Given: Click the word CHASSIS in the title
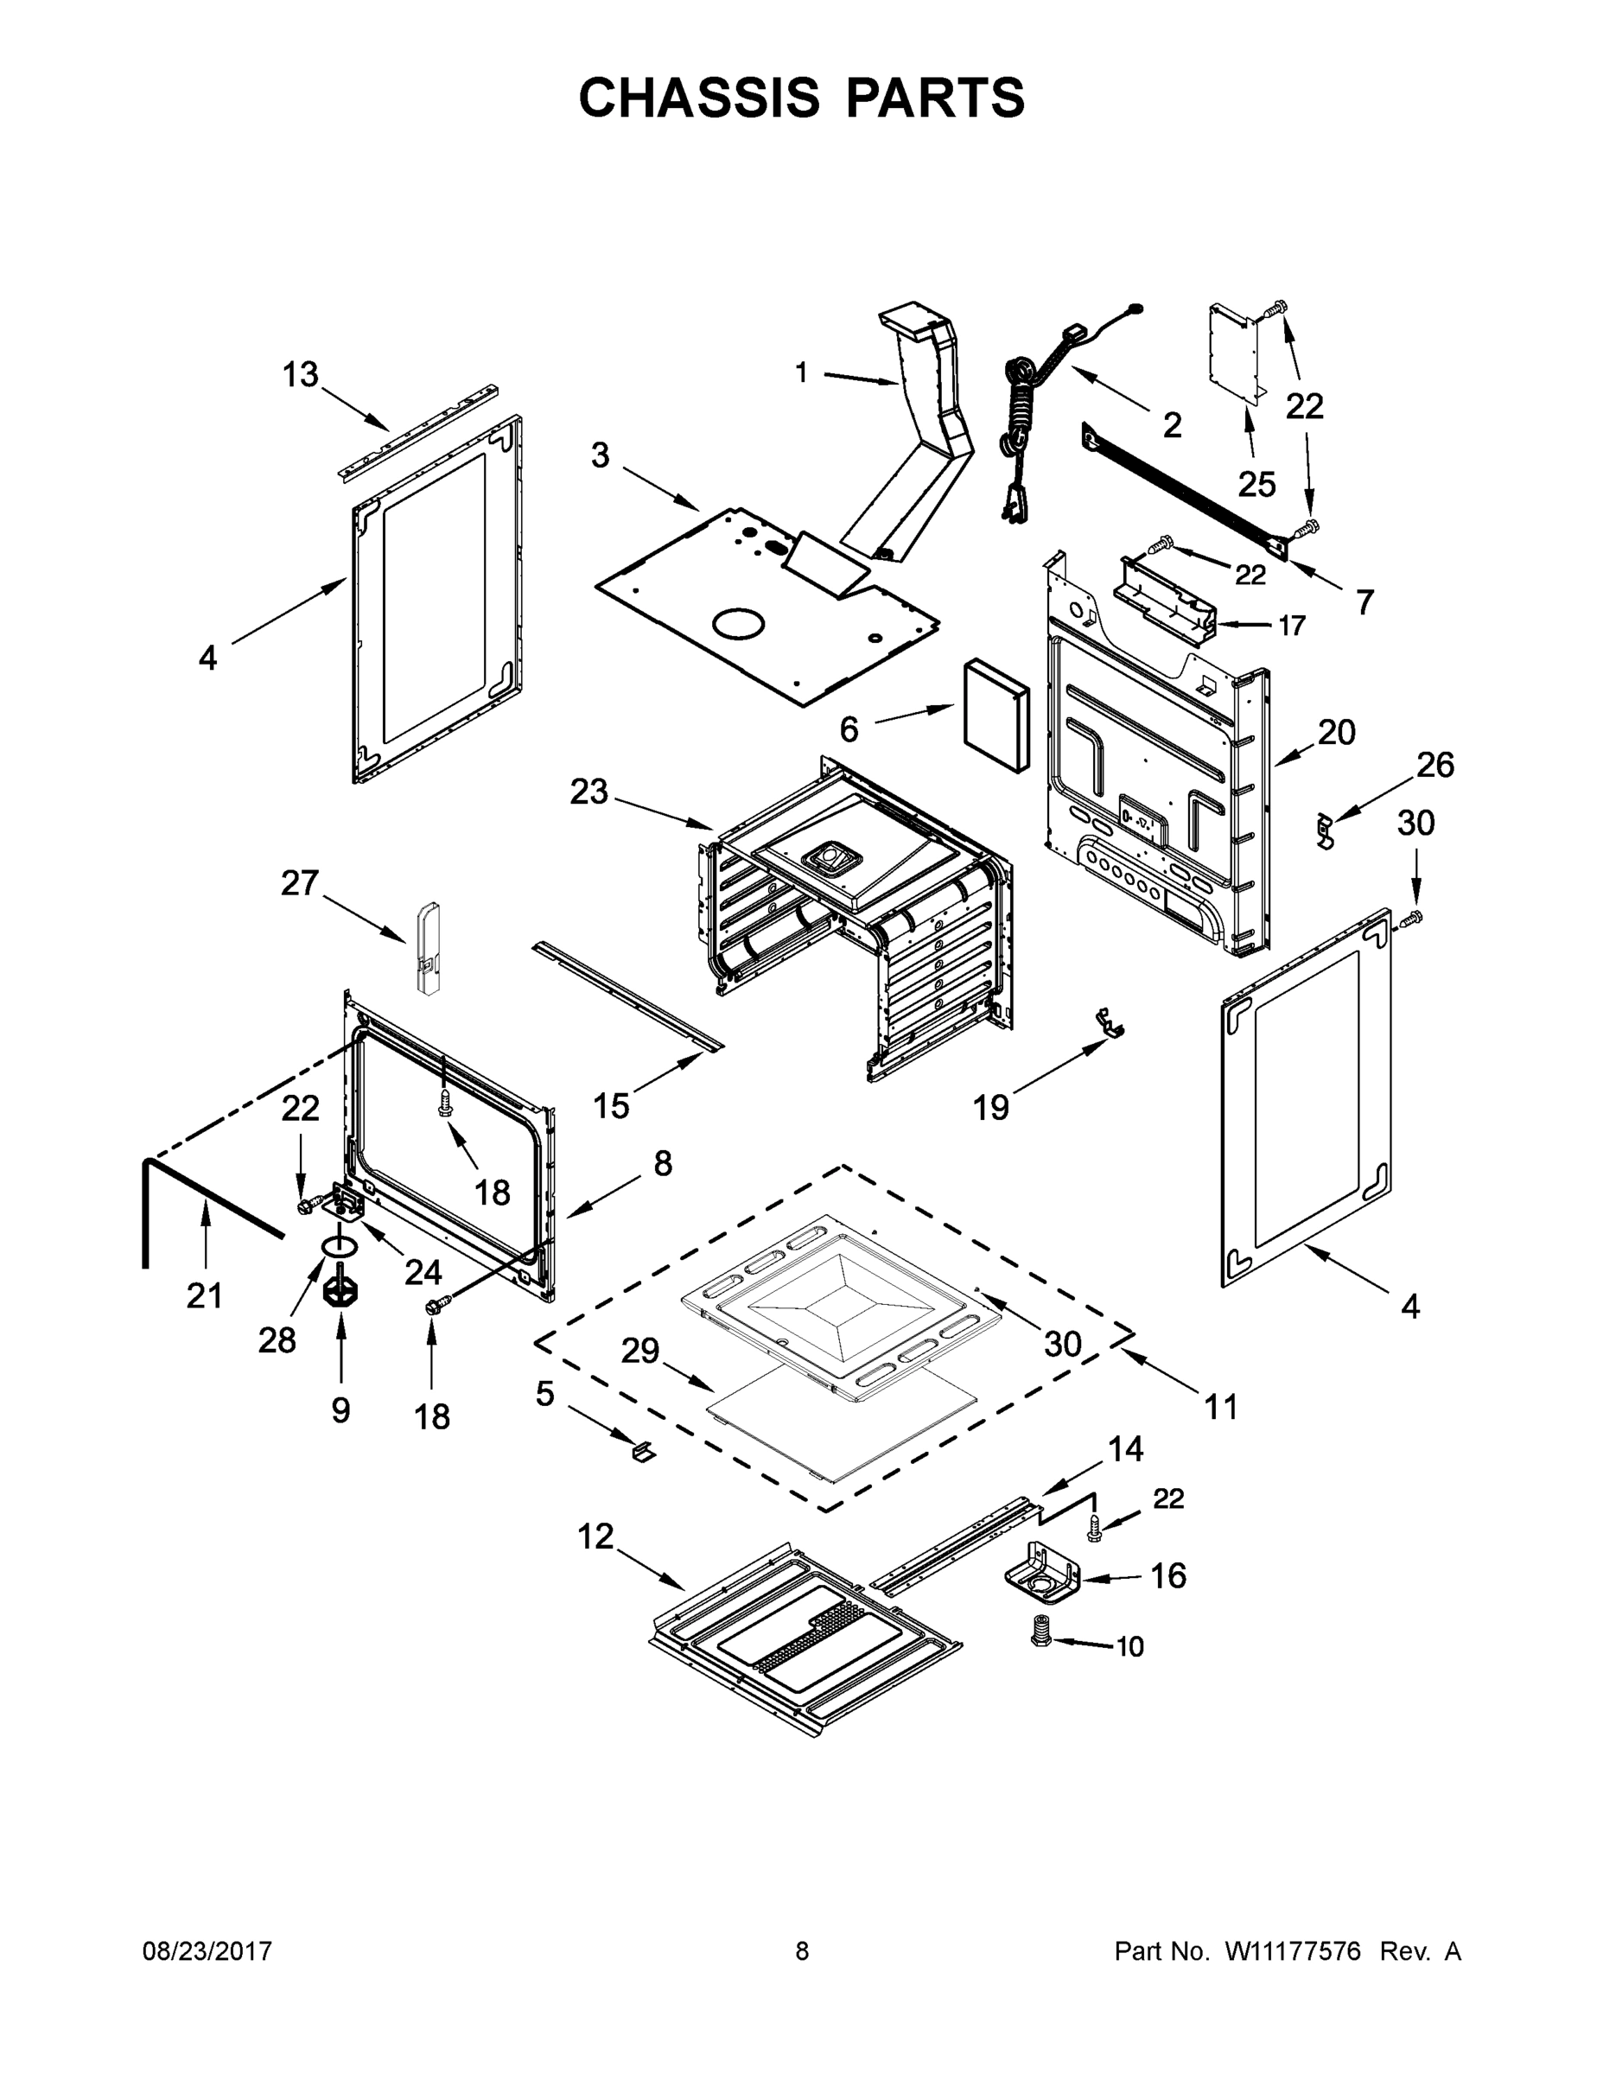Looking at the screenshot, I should pyautogui.click(x=699, y=98).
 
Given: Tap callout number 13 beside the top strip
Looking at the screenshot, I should pyautogui.click(x=300, y=374).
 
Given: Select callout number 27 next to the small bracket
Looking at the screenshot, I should pyautogui.click(x=299, y=883).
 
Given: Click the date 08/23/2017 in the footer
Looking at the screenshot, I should pyautogui.click(x=207, y=1951).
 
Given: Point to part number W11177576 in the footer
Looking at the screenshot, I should pyautogui.click(x=1294, y=1951).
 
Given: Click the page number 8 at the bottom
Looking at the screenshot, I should pyautogui.click(x=802, y=1951).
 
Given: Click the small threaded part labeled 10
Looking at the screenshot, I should pyautogui.click(x=1040, y=1632).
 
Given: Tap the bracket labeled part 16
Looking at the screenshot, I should pyautogui.click(x=1043, y=1576).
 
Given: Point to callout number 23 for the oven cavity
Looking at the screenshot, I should pyautogui.click(x=588, y=791).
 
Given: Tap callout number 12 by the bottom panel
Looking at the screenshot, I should pyautogui.click(x=595, y=1536).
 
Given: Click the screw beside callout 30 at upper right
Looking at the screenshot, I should pyautogui.click(x=1412, y=918).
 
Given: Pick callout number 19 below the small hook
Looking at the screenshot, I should pyautogui.click(x=990, y=1105).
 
